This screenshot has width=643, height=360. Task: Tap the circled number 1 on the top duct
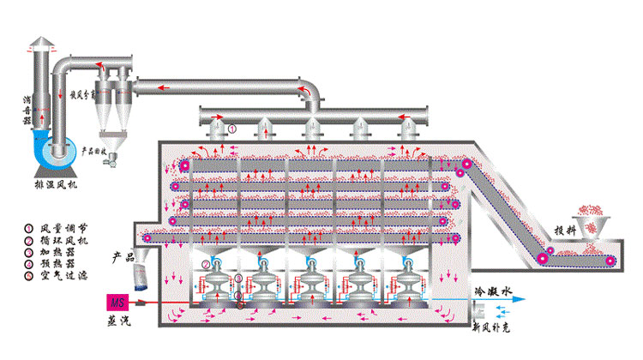(x=231, y=129)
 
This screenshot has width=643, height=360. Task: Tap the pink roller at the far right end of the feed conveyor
(x=610, y=261)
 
